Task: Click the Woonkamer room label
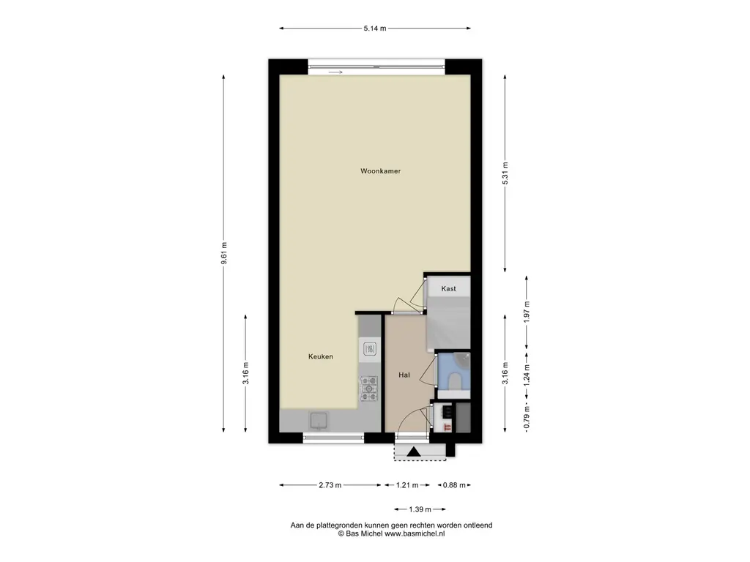click(x=380, y=171)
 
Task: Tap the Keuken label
click(x=321, y=356)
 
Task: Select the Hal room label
click(x=404, y=375)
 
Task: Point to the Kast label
click(x=449, y=288)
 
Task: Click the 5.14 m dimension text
click(x=375, y=29)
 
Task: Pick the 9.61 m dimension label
click(x=224, y=253)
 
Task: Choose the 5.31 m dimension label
click(x=505, y=173)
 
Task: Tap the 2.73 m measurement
click(x=330, y=485)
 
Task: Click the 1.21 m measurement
click(x=407, y=485)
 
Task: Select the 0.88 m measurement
click(x=454, y=485)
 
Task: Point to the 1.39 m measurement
click(x=420, y=509)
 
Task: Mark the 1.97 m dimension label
click(x=527, y=312)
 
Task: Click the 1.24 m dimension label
click(x=527, y=375)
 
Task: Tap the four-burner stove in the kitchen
click(x=369, y=389)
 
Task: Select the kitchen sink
click(x=319, y=421)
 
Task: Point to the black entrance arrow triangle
click(x=414, y=452)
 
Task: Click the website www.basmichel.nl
click(x=415, y=533)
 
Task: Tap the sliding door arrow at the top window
click(x=335, y=72)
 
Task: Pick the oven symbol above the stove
click(x=370, y=349)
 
